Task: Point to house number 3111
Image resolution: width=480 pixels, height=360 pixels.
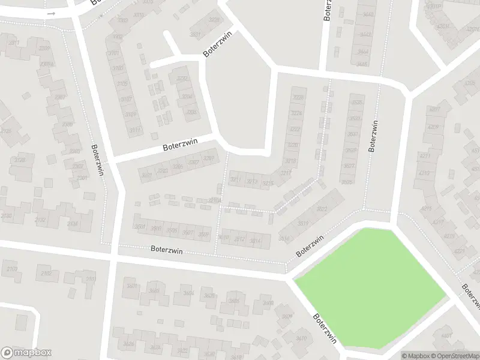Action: (135, 130)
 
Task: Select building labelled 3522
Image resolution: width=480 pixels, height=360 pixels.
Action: (322, 209)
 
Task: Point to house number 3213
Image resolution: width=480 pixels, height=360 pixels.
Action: (252, 181)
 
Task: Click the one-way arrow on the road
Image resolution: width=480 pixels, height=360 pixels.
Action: (52, 13)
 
